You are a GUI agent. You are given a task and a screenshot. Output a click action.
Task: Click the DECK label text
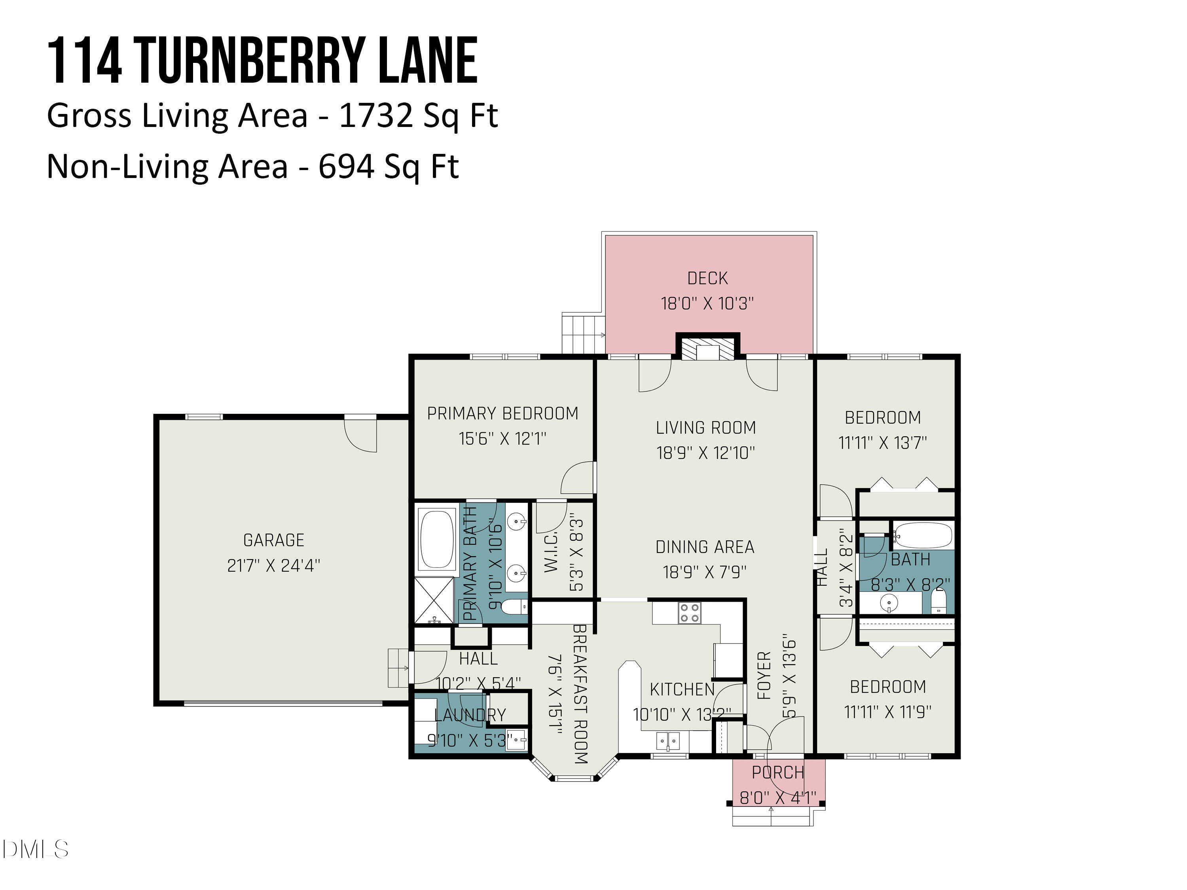[x=707, y=278]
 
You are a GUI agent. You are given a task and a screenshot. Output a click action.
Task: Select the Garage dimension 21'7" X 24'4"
[x=274, y=565]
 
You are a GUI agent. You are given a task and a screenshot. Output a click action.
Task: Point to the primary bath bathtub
[x=437, y=539]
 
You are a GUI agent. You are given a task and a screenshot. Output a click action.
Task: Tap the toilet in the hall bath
[x=938, y=601]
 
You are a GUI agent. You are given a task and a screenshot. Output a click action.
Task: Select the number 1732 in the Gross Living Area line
[x=375, y=116]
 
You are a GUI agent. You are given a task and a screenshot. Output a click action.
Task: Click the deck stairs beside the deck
[x=583, y=333]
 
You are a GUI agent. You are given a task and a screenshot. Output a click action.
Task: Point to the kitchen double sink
[x=668, y=741]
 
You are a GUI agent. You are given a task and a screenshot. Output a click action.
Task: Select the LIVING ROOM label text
[x=705, y=428]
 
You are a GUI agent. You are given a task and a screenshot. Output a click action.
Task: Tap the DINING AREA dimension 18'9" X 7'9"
[x=705, y=572]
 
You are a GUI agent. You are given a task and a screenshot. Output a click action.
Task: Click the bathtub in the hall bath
[x=923, y=536]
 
